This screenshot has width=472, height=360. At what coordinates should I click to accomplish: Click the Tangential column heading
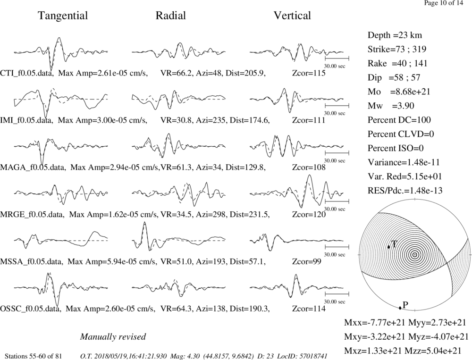pyautogui.click(x=63, y=16)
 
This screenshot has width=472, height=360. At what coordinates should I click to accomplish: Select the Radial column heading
pyautogui.click(x=171, y=16)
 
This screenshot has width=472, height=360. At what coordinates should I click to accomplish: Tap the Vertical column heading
pyautogui.click(x=292, y=16)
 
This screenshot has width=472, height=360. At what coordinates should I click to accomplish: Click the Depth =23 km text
pyautogui.click(x=395, y=35)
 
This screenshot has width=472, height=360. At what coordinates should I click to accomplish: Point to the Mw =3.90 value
pyautogui.click(x=391, y=106)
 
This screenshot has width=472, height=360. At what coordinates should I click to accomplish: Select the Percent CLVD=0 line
pyautogui.click(x=401, y=134)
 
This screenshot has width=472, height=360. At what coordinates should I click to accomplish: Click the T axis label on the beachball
pyautogui.click(x=394, y=244)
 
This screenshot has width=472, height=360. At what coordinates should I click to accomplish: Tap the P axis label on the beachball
pyautogui.click(x=405, y=305)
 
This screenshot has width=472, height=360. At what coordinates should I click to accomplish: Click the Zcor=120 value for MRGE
pyautogui.click(x=309, y=215)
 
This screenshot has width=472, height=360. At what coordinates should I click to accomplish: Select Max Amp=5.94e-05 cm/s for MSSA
pyautogui.click(x=112, y=262)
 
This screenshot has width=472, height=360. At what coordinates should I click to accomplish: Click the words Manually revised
pyautogui.click(x=113, y=337)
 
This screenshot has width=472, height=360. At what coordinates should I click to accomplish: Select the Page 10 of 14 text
pyautogui.click(x=444, y=3)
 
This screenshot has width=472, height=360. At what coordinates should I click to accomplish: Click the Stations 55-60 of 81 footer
pyautogui.click(x=33, y=356)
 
